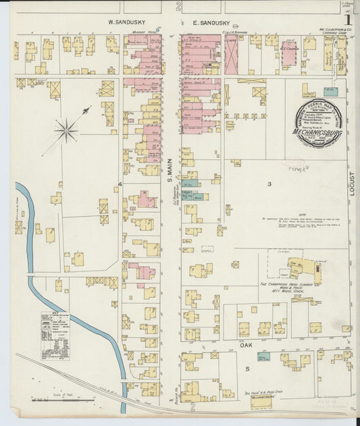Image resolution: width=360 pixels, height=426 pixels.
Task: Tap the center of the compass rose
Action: [x=67, y=130]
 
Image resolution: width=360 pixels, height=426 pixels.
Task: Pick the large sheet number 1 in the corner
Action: [x=347, y=20]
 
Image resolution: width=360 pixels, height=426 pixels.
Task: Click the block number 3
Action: [x=269, y=184]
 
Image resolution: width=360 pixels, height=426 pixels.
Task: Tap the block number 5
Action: [x=247, y=369]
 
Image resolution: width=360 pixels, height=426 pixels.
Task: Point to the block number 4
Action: [x=120, y=184]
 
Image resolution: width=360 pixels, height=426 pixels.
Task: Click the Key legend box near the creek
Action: [x=55, y=336]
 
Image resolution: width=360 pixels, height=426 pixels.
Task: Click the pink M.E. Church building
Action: [x=290, y=55]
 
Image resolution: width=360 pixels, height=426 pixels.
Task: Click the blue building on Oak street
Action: [x=263, y=356]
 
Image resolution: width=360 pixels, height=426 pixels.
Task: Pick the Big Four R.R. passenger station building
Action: [x=260, y=401]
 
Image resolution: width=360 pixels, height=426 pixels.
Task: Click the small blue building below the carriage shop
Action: [x=330, y=91]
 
